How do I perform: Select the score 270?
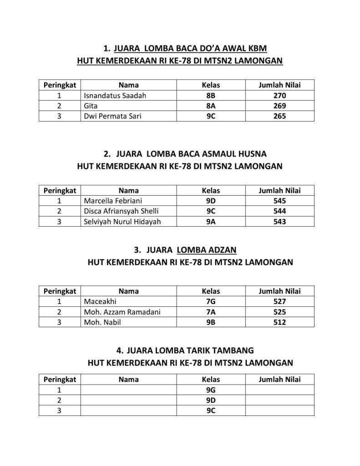(279, 96)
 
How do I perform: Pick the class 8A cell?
(210, 106)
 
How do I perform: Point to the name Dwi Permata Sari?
(112, 116)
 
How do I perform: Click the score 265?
(279, 116)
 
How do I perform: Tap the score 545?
(279, 201)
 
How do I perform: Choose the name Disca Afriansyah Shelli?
(121, 211)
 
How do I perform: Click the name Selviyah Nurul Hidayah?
(122, 222)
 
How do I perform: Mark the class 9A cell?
(210, 222)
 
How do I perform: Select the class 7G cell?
(210, 301)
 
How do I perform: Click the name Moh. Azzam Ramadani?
(122, 312)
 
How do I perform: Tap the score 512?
(279, 322)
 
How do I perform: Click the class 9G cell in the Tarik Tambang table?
(210, 390)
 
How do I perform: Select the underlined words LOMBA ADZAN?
(206, 250)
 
